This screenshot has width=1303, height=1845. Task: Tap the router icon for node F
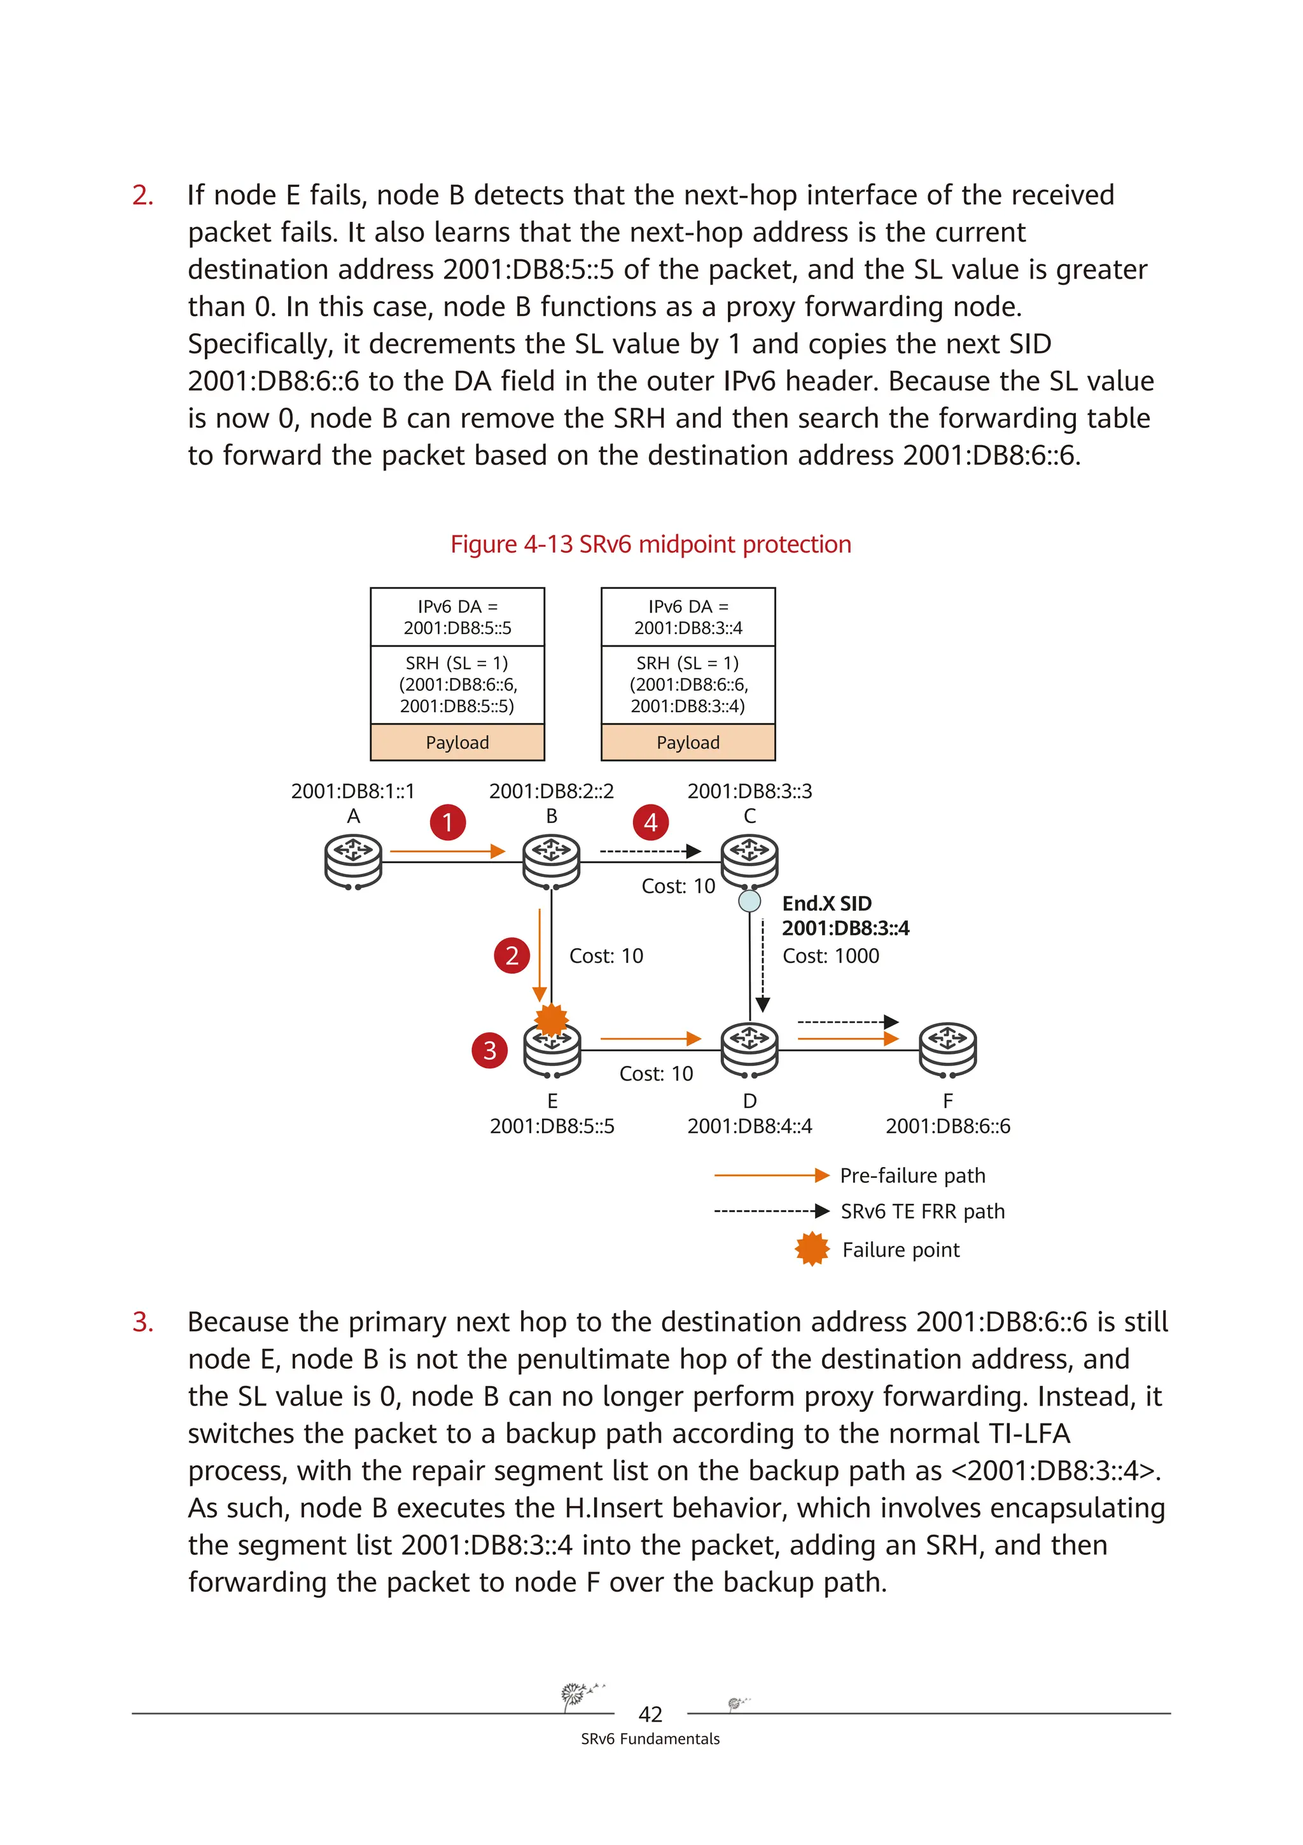[x=948, y=1049]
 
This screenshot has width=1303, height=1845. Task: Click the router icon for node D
[x=749, y=1049]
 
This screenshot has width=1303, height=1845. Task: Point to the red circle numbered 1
[x=448, y=822]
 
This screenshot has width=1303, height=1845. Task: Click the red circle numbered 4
[x=650, y=822]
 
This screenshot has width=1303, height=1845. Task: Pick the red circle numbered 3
[x=489, y=1050]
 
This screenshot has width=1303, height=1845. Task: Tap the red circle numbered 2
[x=512, y=955]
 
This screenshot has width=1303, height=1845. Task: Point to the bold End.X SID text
[x=826, y=903]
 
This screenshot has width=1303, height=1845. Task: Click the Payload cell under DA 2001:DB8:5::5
[x=457, y=742]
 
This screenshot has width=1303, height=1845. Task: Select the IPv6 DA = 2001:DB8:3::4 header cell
[x=688, y=617]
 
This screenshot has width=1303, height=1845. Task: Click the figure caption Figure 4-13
[x=650, y=544]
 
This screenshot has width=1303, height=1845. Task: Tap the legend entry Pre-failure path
[x=912, y=1176]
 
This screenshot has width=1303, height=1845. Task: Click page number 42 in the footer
[x=650, y=1715]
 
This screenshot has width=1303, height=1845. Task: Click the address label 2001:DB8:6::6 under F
[x=948, y=1126]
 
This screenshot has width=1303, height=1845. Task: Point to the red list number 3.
[x=143, y=1322]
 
